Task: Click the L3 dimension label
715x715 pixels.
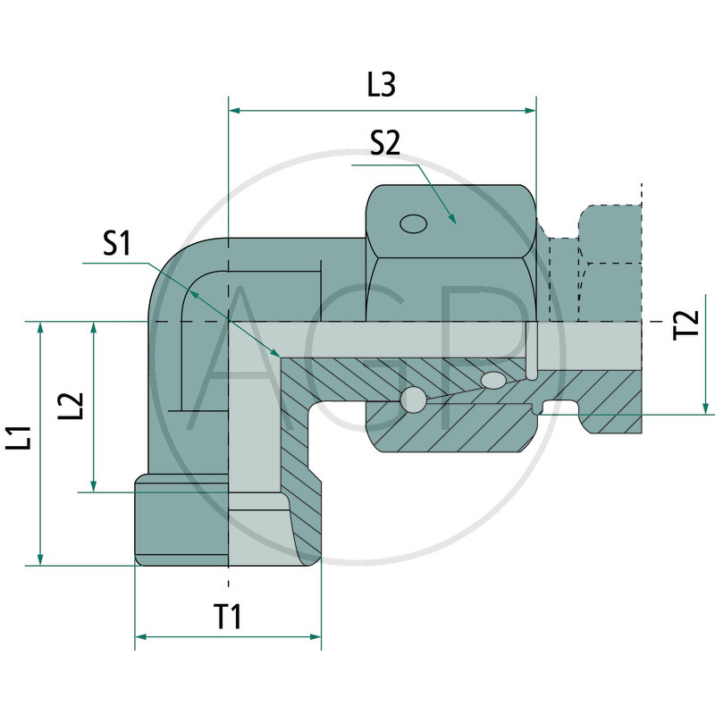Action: [x=382, y=85]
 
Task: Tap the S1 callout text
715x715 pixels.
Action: [x=116, y=244]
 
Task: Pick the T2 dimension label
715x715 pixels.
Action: [x=686, y=324]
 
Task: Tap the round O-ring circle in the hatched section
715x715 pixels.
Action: [x=412, y=400]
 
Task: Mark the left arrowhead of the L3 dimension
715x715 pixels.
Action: [x=236, y=111]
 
